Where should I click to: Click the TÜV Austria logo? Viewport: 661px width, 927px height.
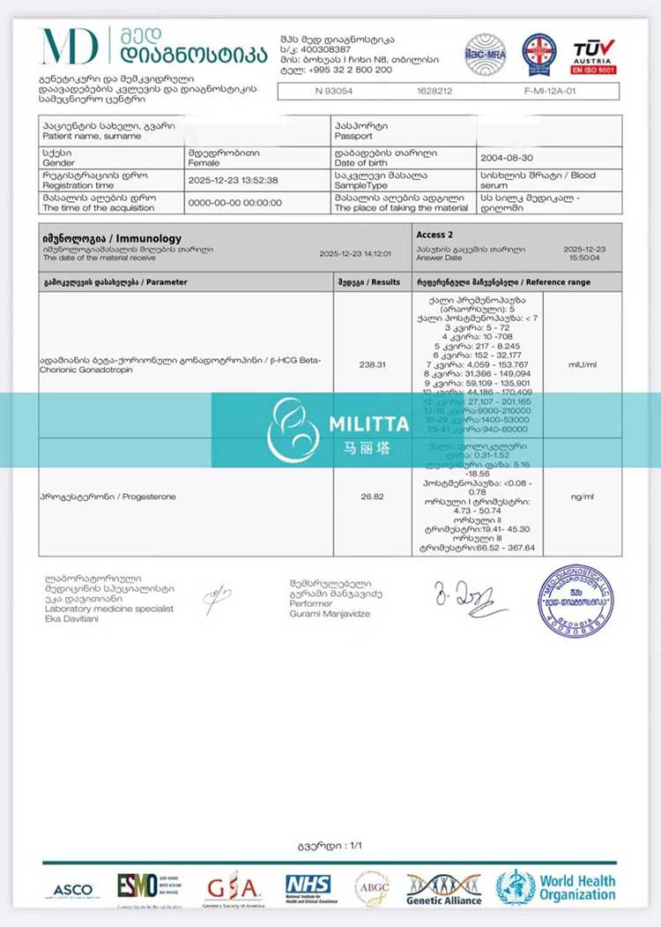(x=594, y=56)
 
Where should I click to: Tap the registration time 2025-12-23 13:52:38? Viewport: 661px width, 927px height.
(x=234, y=180)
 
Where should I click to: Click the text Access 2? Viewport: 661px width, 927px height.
(x=435, y=235)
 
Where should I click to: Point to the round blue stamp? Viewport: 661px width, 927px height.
(x=576, y=602)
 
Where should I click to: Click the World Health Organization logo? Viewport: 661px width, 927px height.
(x=555, y=887)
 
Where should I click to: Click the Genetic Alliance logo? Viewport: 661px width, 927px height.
(x=443, y=889)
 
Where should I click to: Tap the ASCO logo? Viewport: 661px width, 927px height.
(x=72, y=890)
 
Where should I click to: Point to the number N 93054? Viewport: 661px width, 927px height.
(x=332, y=91)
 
